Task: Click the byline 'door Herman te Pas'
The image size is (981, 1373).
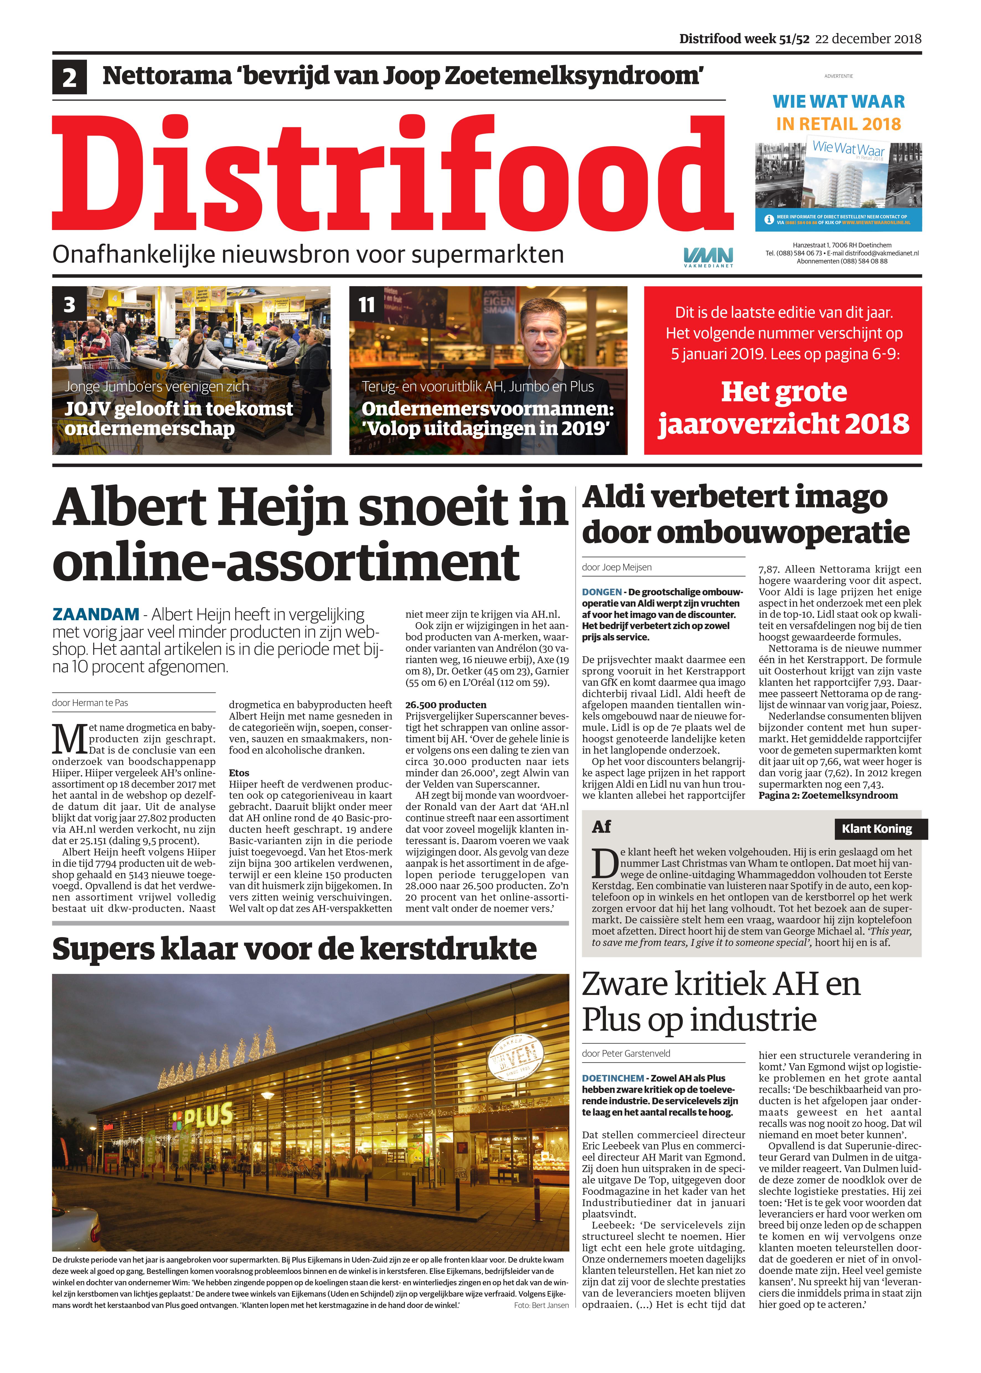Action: pos(90,703)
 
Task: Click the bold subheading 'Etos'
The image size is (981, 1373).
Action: pos(239,773)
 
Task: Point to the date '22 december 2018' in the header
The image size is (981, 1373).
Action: pos(868,39)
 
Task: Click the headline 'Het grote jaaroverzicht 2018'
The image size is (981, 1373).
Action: pos(783,408)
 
